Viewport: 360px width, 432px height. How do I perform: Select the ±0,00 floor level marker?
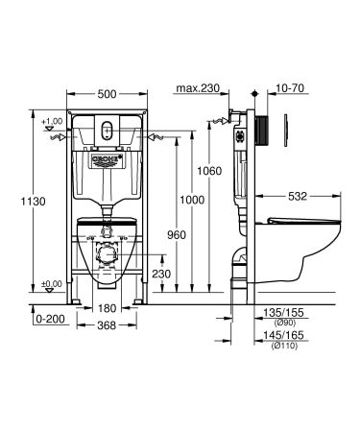pyautogui.click(x=52, y=284)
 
